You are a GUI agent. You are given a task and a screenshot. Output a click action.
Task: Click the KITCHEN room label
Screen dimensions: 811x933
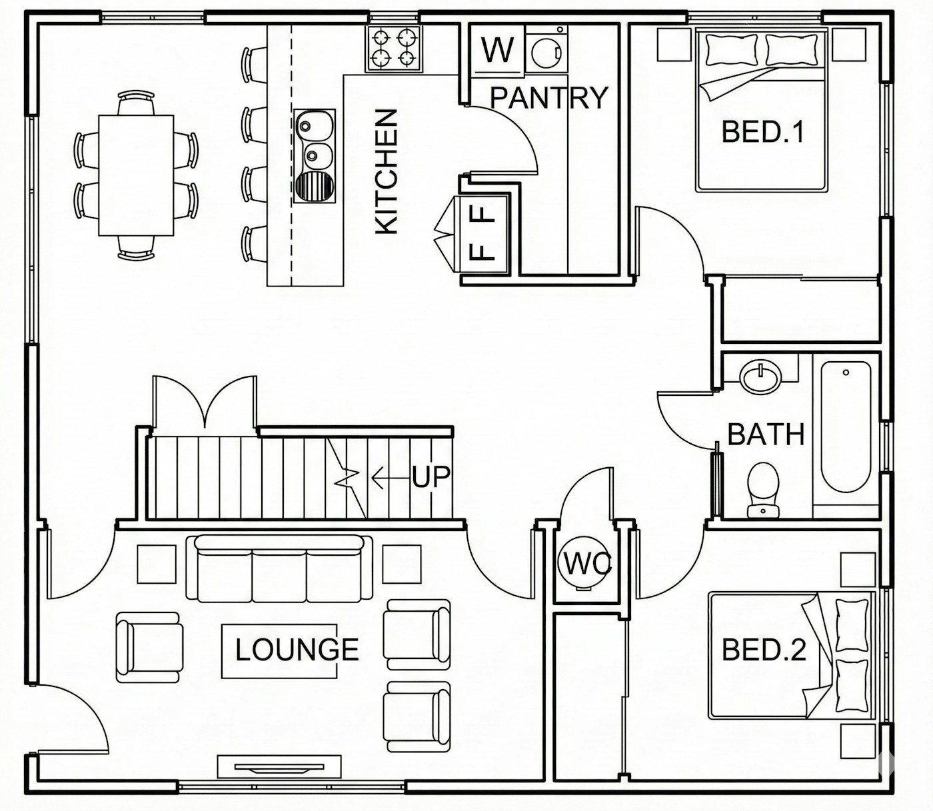point(387,172)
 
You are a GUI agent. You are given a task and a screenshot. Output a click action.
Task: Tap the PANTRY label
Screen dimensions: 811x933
point(549,98)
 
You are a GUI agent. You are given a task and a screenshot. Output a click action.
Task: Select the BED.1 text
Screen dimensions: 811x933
point(762,131)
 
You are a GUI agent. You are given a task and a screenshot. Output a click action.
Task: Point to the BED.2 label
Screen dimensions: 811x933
point(764,649)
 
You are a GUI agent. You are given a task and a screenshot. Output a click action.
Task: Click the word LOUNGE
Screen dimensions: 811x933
point(297,650)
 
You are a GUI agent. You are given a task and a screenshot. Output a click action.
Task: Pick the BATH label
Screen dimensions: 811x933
point(766,434)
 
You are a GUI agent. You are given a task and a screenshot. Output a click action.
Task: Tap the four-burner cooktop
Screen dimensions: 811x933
point(394,49)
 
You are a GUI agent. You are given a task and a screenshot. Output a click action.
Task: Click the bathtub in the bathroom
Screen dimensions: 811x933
point(846,426)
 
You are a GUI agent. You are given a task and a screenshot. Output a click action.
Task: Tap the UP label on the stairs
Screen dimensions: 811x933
point(431,476)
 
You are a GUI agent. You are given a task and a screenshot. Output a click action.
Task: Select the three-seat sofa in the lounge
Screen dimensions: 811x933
point(279,568)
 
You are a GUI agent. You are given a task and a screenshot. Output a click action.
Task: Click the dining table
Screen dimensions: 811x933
point(136,175)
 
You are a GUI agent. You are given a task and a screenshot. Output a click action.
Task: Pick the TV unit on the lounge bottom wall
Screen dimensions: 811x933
point(279,766)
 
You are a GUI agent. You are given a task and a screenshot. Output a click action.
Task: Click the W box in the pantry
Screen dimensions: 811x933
point(498,49)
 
